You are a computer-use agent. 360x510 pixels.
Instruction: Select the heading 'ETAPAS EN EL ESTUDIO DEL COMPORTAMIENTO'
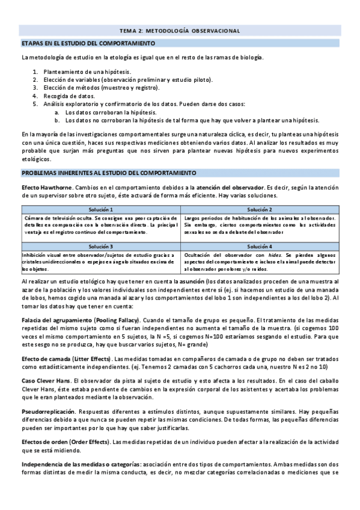tap(88, 43)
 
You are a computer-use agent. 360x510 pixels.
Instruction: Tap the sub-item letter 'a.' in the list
tap(56, 111)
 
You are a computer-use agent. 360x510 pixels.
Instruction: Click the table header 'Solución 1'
tap(100, 208)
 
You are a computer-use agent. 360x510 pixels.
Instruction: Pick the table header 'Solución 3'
tap(100, 247)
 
